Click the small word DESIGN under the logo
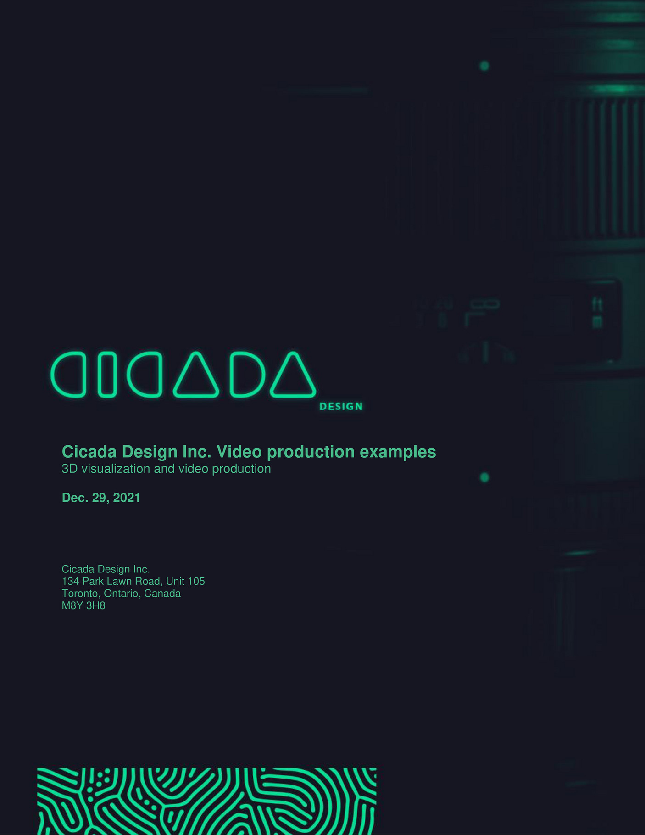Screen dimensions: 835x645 point(341,406)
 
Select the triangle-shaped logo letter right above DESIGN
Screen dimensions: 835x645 point(293,375)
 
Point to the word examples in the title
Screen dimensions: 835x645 point(398,452)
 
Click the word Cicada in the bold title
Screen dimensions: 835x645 point(89,452)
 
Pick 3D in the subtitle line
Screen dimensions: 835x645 point(70,469)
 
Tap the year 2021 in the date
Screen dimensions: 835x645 point(127,498)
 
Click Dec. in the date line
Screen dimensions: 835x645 point(75,498)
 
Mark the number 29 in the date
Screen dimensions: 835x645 point(99,498)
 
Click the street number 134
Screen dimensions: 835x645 point(71,582)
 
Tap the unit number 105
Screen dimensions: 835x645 point(196,582)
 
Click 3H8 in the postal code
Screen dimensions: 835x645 point(96,606)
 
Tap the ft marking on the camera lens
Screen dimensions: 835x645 point(597,304)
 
